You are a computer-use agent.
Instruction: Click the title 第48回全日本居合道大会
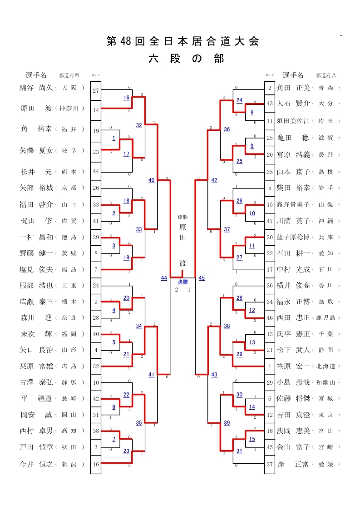[x=183, y=42]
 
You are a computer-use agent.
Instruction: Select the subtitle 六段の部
[x=186, y=59]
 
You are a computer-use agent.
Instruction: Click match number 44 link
[x=164, y=277]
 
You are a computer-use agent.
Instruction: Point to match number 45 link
[x=202, y=277]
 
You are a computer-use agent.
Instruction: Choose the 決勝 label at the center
[x=183, y=282]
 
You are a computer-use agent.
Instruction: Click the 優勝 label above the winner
[x=182, y=217]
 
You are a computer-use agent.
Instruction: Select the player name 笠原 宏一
[x=293, y=366]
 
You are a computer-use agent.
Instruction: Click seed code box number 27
[x=96, y=91]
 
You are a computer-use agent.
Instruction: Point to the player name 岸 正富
[x=293, y=464]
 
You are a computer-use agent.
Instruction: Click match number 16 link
[x=126, y=98]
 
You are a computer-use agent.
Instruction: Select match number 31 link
[x=239, y=451]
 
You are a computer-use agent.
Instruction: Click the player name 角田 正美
[x=293, y=88]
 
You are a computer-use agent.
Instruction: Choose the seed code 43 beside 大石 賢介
[x=270, y=104]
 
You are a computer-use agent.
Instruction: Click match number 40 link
[x=152, y=180]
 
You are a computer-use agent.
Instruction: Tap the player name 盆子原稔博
[x=293, y=238]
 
